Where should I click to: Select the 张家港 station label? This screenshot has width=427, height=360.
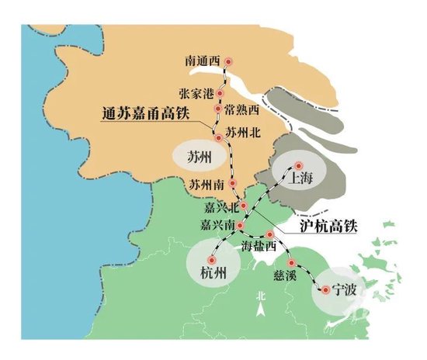coord(195,94)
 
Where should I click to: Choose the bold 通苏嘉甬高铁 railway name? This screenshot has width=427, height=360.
coord(145,114)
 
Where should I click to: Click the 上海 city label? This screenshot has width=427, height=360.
coord(301,178)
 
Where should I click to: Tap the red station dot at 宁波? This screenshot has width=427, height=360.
coord(325,292)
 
